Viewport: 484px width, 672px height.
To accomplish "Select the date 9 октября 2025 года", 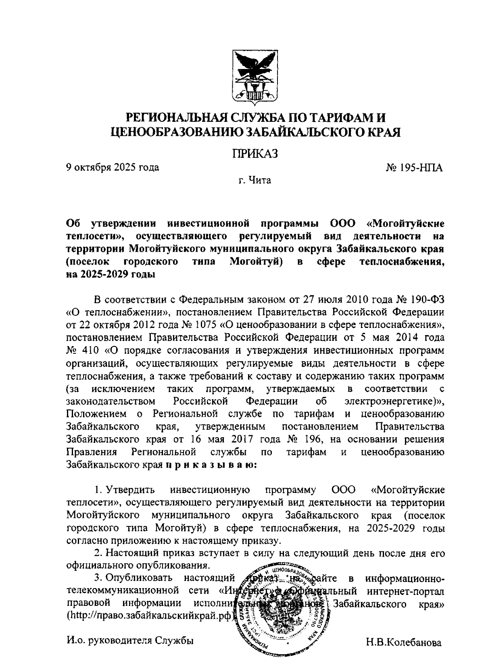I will coord(113,167).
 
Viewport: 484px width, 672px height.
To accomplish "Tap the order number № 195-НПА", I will coord(414,167).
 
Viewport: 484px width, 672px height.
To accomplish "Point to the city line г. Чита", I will coord(255,180).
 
